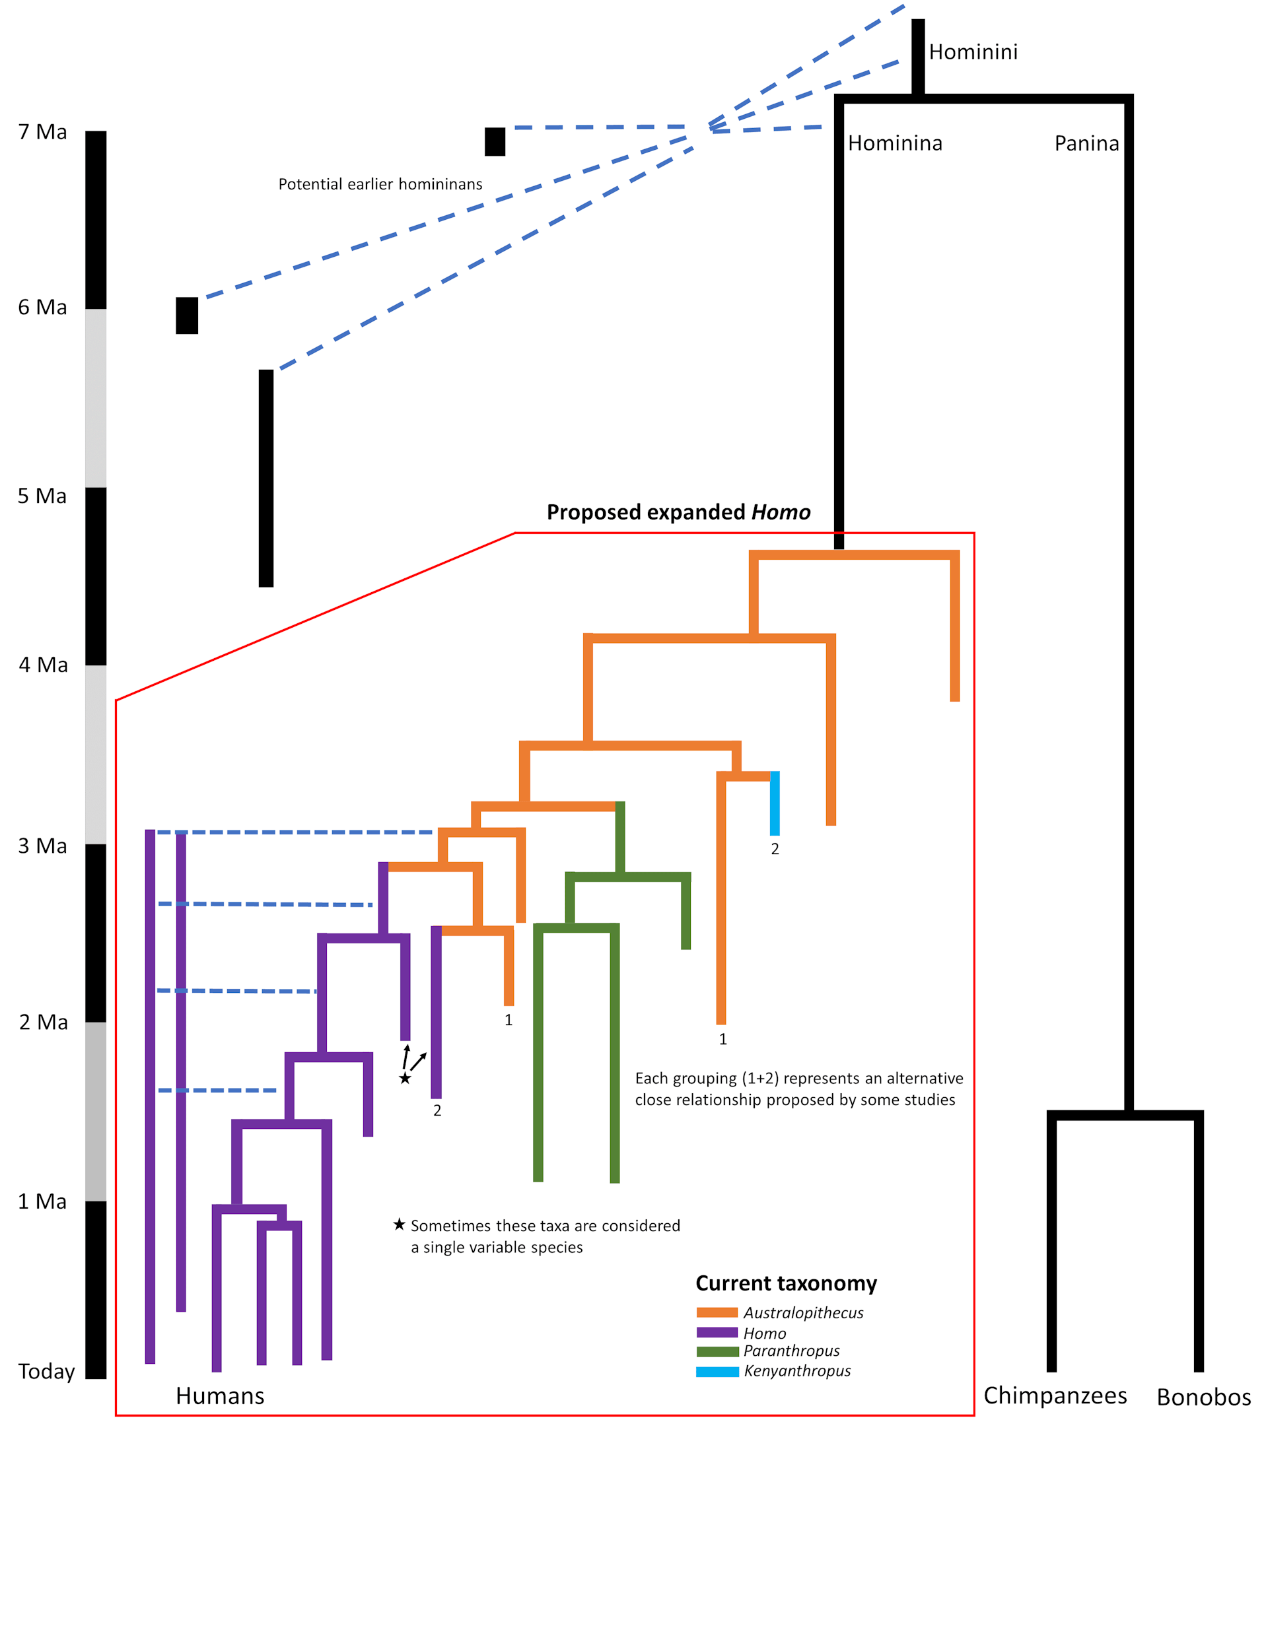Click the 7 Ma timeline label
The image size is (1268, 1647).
[42, 132]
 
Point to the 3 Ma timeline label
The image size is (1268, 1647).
[42, 846]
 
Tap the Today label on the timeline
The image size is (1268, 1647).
[46, 1371]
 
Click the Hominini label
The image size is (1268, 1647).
[973, 52]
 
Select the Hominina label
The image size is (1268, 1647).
[895, 143]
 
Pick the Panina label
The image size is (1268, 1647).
[1086, 143]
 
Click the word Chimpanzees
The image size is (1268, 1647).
[1055, 1396]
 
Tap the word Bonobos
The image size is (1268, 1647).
[1204, 1397]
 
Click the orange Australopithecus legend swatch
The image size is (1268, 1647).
[717, 1313]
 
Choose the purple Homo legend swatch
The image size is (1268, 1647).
[717, 1333]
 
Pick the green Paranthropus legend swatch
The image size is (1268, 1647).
[717, 1351]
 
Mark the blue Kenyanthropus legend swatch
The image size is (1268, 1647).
[717, 1372]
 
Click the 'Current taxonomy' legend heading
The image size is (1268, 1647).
[786, 1283]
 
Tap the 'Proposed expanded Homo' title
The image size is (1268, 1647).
[678, 513]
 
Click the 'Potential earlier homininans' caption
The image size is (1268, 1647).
[380, 184]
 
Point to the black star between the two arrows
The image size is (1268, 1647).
[405, 1079]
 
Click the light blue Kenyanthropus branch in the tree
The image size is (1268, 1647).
[775, 803]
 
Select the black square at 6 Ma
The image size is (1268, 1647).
[187, 316]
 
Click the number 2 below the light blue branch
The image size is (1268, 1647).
[775, 849]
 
